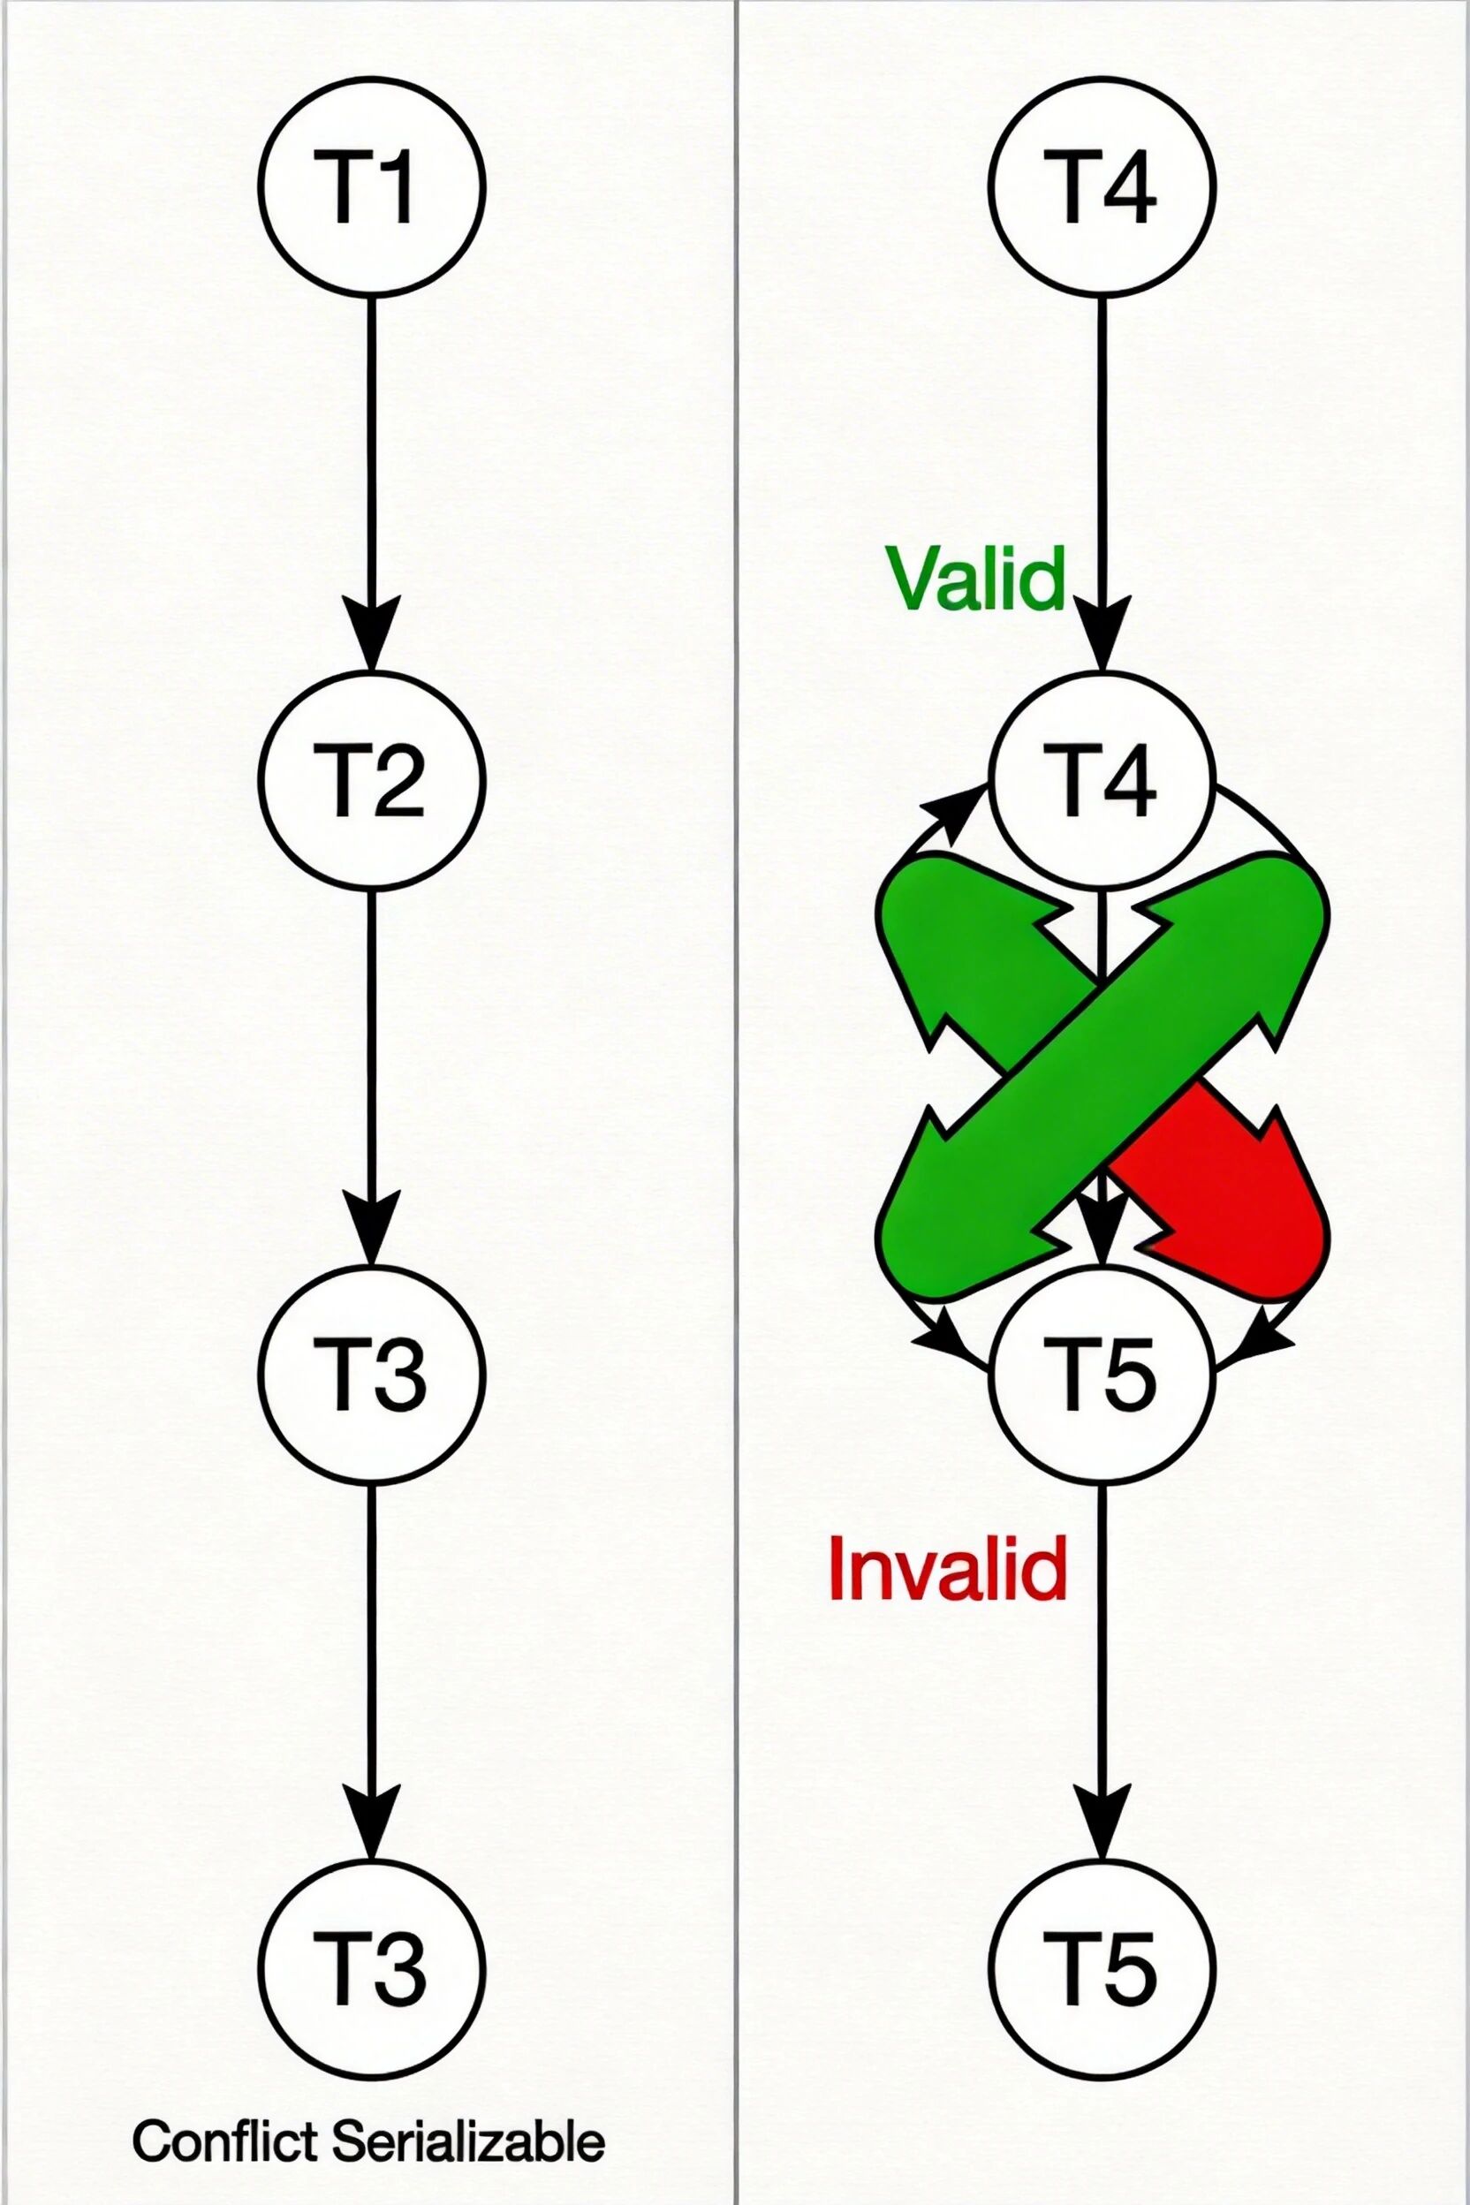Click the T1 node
pyautogui.click(x=372, y=186)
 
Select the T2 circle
pyautogui.click(x=372, y=780)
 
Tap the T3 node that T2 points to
pyautogui.click(x=372, y=1373)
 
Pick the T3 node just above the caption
pyautogui.click(x=372, y=1965)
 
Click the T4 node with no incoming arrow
pyautogui.click(x=1102, y=186)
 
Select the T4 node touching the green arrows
pyautogui.click(x=1102, y=780)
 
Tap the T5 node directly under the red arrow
pyautogui.click(x=1102, y=1373)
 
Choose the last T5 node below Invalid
pyautogui.click(x=1102, y=1965)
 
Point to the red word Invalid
pyautogui.click(x=948, y=1568)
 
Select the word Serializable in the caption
pyautogui.click(x=469, y=2137)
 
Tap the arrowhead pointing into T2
pyautogui.click(x=372, y=638)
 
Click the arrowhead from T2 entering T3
pyautogui.click(x=372, y=1230)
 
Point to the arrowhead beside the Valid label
pyautogui.click(x=1102, y=638)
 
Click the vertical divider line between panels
pyautogui.click(x=738, y=1102)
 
